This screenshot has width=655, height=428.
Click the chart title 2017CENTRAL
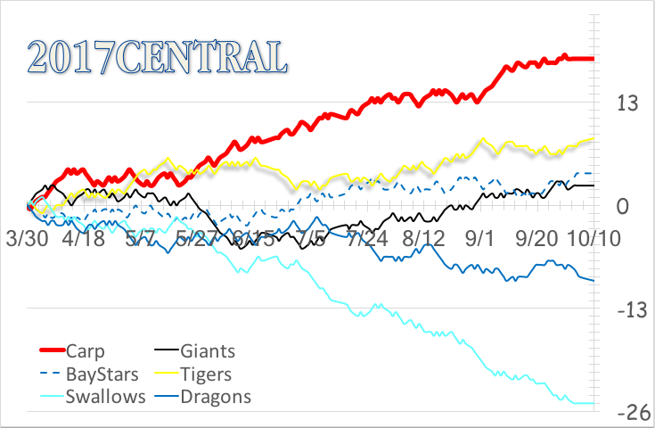click(x=158, y=55)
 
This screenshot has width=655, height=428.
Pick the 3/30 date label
click(x=27, y=241)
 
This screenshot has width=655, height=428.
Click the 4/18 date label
click(x=83, y=241)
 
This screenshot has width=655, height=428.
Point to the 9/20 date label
click(x=536, y=241)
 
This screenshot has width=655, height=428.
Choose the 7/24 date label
click(x=367, y=241)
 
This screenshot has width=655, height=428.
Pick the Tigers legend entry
click(x=205, y=374)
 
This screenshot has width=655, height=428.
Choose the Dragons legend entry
click(x=215, y=397)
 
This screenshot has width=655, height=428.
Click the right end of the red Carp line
click(x=594, y=59)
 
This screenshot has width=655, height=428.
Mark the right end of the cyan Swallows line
click(x=594, y=404)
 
